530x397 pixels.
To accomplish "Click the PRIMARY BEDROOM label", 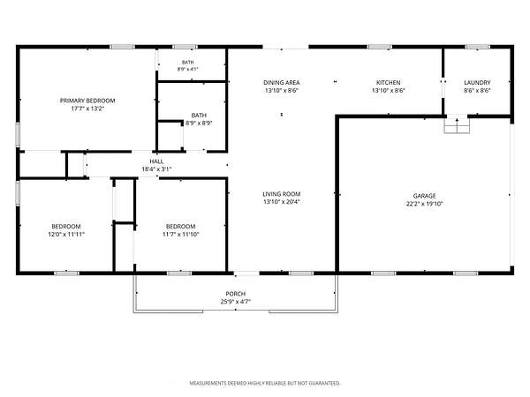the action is (87, 101).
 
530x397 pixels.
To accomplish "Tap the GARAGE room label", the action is (425, 196).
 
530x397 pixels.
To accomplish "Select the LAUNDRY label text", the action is (477, 82).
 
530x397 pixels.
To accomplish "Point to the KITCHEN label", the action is (389, 82).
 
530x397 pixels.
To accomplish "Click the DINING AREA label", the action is (282, 82).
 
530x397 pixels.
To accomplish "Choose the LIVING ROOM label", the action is (282, 194).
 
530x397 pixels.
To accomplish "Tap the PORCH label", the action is (236, 294).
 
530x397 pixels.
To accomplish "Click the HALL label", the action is (156, 161).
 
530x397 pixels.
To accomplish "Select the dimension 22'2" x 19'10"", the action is (425, 204).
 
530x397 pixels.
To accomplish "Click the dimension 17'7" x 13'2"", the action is (87, 109).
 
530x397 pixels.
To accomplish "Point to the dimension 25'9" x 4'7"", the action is (236, 302).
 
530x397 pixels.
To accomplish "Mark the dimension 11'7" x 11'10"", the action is (181, 235).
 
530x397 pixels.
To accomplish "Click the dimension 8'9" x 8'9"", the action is (199, 124).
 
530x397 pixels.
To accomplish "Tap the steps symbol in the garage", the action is (457, 124).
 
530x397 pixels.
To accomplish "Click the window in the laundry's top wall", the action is (477, 47).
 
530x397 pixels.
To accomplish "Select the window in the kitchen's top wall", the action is (380, 47).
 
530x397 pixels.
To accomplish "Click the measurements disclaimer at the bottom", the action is (265, 383).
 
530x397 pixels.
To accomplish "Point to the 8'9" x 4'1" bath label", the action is (188, 66).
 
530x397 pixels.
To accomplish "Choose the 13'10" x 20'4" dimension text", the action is (282, 202).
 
